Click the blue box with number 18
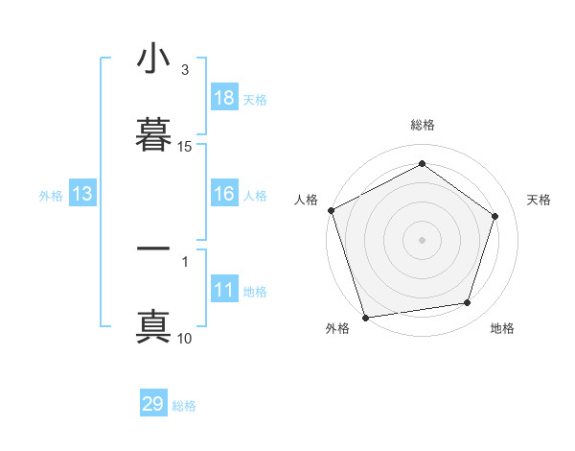click(223, 98)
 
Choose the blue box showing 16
click(223, 194)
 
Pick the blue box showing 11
click(223, 290)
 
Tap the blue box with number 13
click(81, 194)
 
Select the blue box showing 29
click(153, 404)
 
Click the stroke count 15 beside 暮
click(185, 147)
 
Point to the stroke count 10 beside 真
click(185, 338)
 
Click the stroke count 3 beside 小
click(185, 70)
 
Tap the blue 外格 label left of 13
click(51, 195)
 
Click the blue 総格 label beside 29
click(184, 406)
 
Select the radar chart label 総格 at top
click(422, 125)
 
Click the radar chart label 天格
click(539, 200)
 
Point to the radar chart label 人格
click(306, 200)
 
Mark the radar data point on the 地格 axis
click(468, 303)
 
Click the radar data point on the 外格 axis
click(365, 317)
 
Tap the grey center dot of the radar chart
click(422, 239)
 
